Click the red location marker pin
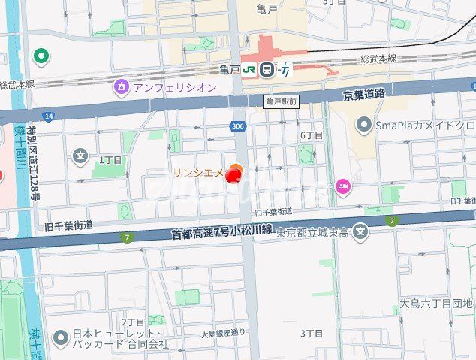(x=233, y=175)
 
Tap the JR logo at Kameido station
(x=249, y=69)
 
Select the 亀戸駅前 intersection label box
(x=282, y=100)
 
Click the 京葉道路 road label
(x=363, y=94)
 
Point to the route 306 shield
(x=237, y=126)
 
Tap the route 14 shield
(x=49, y=116)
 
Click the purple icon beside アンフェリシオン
(x=121, y=87)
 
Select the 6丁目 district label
(x=311, y=135)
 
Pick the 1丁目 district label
(x=110, y=160)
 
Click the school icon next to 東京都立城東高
(x=362, y=231)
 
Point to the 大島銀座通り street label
(x=223, y=333)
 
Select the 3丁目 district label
(x=311, y=333)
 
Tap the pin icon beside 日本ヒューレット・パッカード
(x=59, y=338)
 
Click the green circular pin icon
(x=41, y=56)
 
